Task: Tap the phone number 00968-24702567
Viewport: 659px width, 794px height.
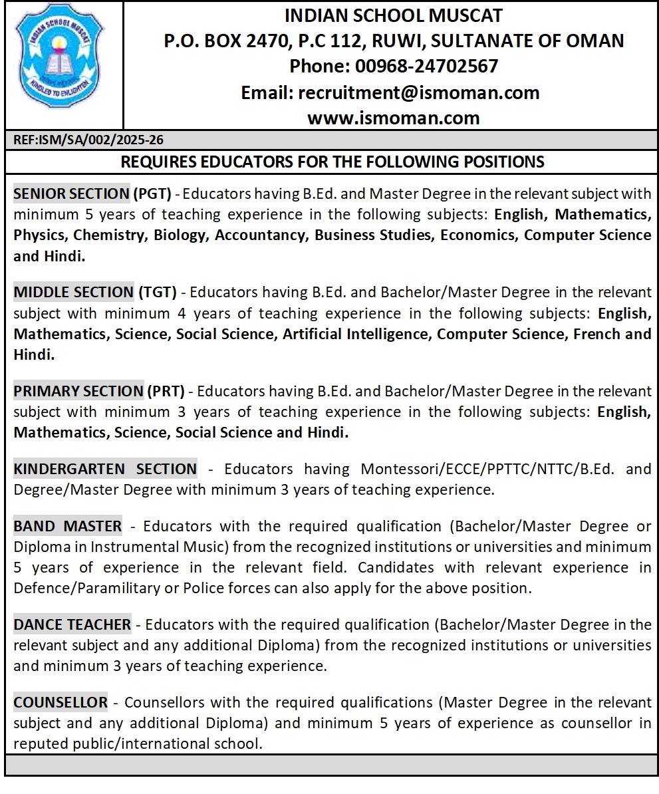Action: click(x=427, y=66)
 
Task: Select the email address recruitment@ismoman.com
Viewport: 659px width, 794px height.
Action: click(x=419, y=92)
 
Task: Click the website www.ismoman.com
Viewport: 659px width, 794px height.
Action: click(x=393, y=118)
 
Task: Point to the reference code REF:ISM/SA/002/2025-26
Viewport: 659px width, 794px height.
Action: click(x=88, y=140)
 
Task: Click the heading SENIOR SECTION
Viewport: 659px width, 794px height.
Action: click(x=71, y=194)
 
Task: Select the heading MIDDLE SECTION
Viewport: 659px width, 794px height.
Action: click(x=73, y=293)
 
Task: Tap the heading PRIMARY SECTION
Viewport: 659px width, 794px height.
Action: click(x=78, y=391)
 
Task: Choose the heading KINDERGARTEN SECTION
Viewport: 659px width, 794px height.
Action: click(x=105, y=469)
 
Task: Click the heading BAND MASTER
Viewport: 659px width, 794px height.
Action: click(x=68, y=527)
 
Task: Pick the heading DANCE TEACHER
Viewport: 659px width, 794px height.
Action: click(x=72, y=625)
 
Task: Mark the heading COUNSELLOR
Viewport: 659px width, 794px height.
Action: click(x=61, y=702)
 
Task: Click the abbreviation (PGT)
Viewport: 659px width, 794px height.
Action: click(x=152, y=194)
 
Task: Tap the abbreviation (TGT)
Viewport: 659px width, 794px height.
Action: click(x=157, y=293)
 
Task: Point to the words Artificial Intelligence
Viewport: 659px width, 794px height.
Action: click(x=356, y=334)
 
